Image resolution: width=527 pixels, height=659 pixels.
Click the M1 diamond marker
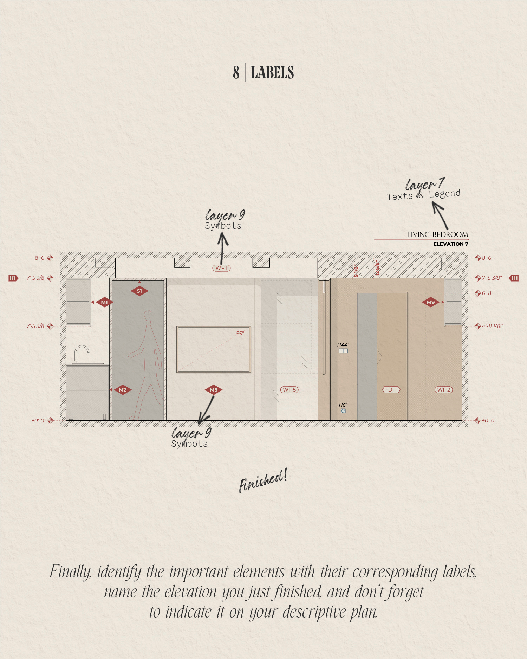[x=104, y=302]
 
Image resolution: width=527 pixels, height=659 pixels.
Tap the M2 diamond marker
[x=123, y=390]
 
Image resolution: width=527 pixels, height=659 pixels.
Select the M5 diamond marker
[x=214, y=390]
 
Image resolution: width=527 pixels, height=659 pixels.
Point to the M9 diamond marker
[x=430, y=302]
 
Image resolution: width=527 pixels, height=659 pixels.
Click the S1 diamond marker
[x=139, y=291]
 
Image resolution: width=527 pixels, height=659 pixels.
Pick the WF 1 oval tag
[x=222, y=268]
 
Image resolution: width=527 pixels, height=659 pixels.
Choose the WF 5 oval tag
[x=289, y=390]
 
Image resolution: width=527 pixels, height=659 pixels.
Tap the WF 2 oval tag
[x=444, y=390]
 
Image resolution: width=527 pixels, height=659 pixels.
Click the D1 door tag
[x=391, y=390]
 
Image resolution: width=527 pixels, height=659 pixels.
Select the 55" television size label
[x=240, y=334]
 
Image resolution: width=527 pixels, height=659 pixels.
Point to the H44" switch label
[x=343, y=345]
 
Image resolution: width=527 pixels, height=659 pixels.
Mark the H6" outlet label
[x=343, y=405]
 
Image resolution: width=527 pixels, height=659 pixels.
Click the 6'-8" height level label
[x=488, y=293]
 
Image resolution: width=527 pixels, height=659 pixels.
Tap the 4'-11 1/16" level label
[x=493, y=326]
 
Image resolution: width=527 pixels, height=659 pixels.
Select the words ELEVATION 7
[x=451, y=244]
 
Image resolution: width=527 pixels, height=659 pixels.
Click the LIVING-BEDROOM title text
[x=438, y=234]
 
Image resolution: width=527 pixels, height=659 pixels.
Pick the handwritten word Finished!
[x=263, y=480]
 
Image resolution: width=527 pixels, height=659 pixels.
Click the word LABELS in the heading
[x=272, y=72]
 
